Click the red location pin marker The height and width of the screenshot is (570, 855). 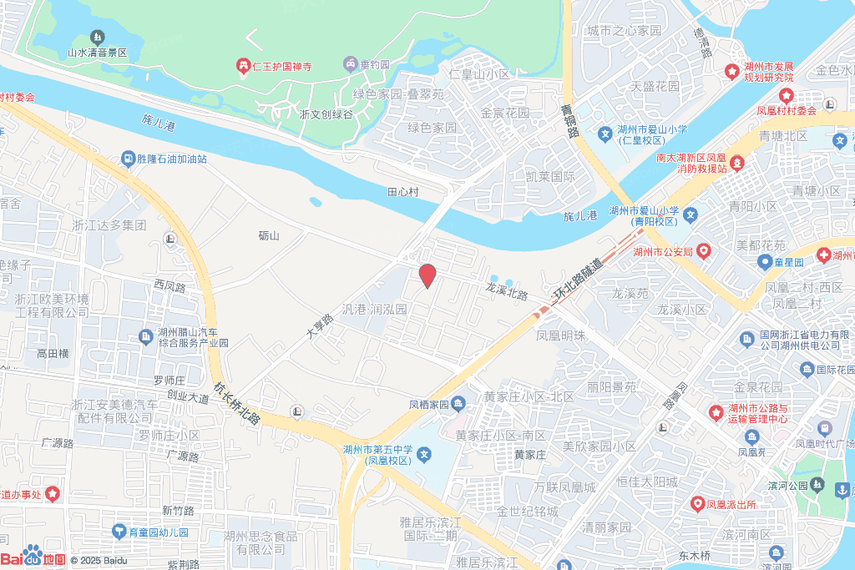[x=427, y=275]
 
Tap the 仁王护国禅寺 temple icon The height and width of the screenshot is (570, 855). [x=243, y=66]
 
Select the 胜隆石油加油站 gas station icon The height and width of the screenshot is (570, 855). [x=127, y=159]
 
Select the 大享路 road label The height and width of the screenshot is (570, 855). [x=320, y=324]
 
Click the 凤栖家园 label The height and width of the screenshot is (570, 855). [x=428, y=406]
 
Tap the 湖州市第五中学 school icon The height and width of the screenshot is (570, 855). [x=424, y=455]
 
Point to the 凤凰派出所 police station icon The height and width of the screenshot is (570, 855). [x=698, y=504]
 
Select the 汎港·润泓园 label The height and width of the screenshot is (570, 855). [x=374, y=309]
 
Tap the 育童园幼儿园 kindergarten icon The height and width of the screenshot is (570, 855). [x=119, y=532]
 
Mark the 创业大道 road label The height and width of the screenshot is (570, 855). [x=188, y=398]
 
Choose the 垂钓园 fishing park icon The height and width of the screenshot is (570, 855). [x=351, y=64]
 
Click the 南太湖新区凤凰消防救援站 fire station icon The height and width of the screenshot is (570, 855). [x=738, y=162]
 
